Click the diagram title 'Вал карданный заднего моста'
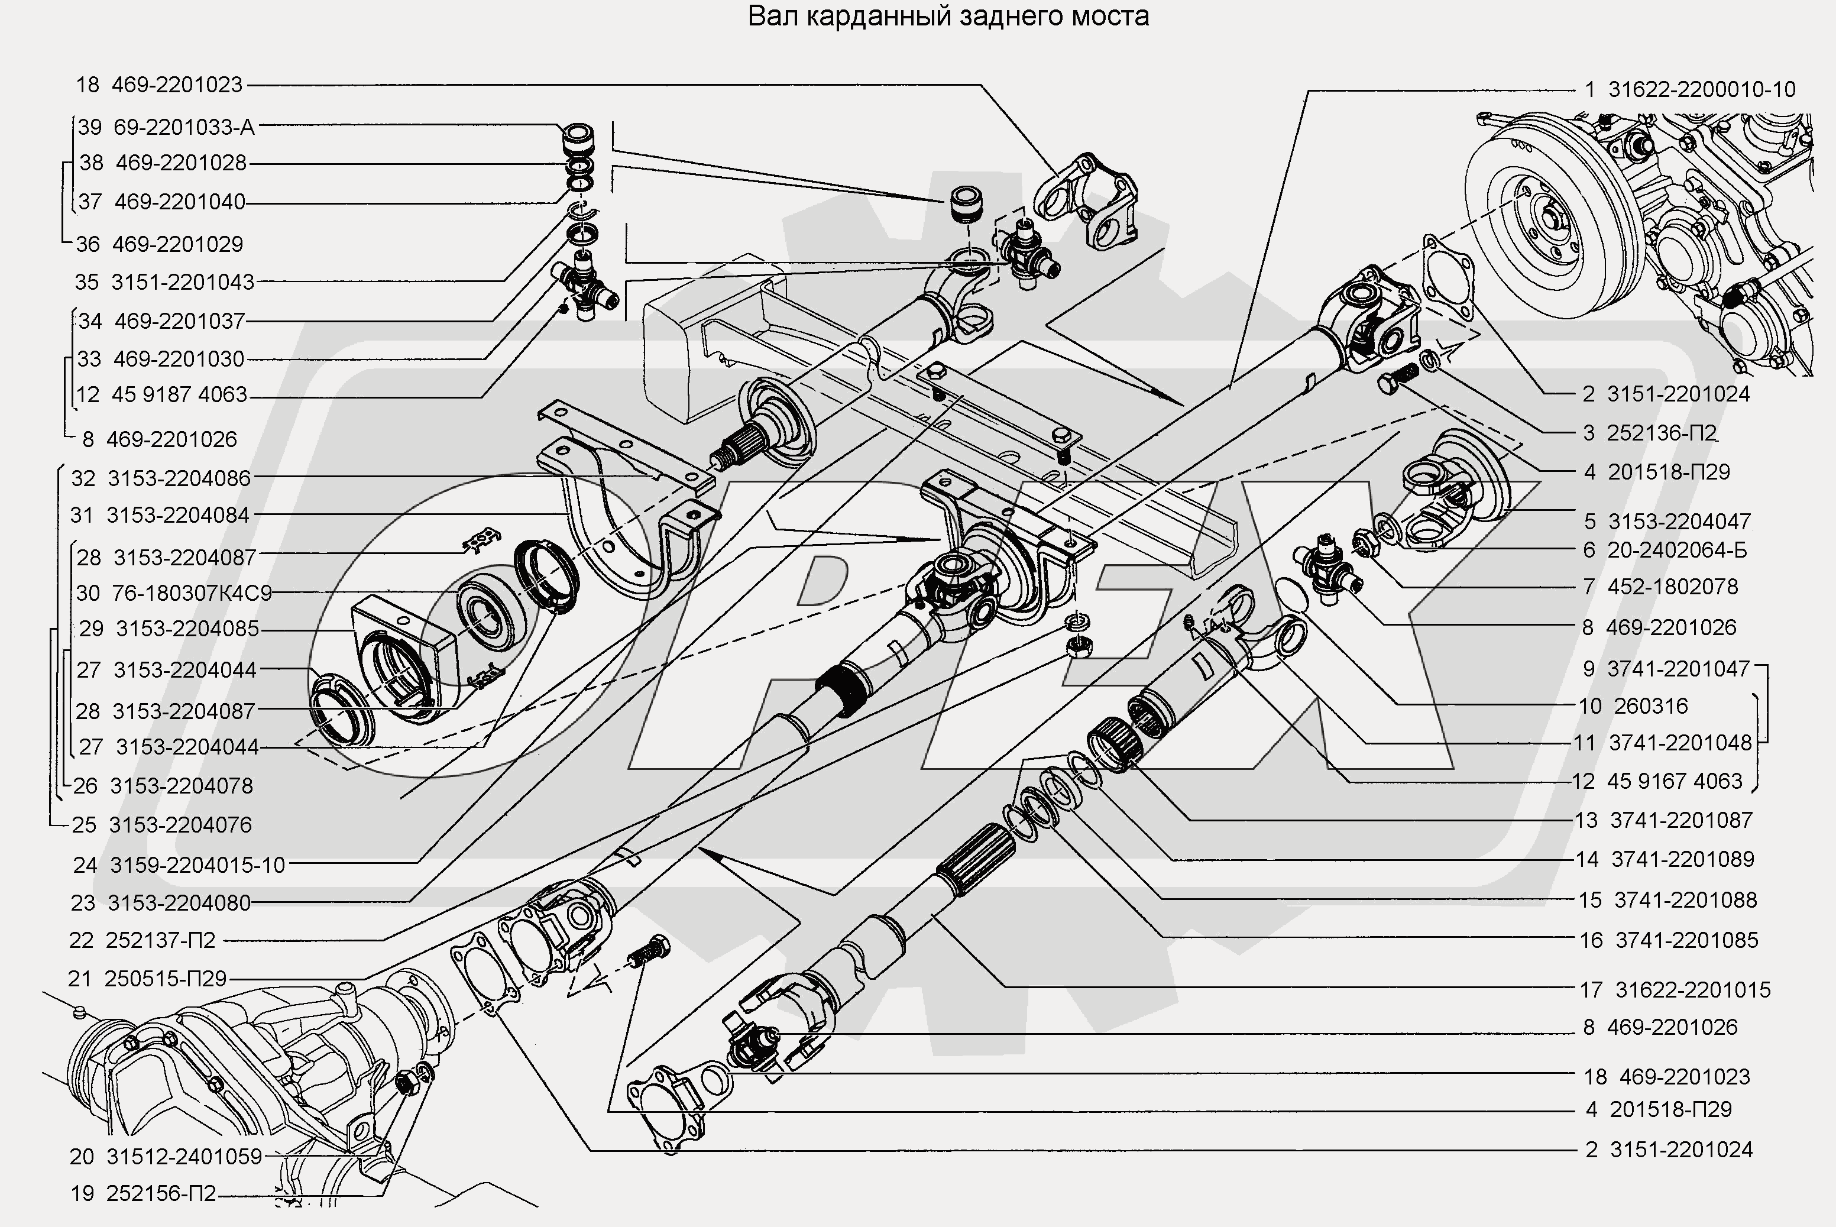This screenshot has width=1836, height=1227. [948, 17]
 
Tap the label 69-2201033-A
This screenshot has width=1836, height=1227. [184, 127]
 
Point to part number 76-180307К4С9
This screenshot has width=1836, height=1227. [192, 593]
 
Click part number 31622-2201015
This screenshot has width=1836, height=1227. [1693, 990]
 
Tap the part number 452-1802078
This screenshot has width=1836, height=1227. [1673, 587]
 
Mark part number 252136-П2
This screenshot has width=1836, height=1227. [1662, 433]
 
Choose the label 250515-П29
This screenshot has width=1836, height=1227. [165, 979]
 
